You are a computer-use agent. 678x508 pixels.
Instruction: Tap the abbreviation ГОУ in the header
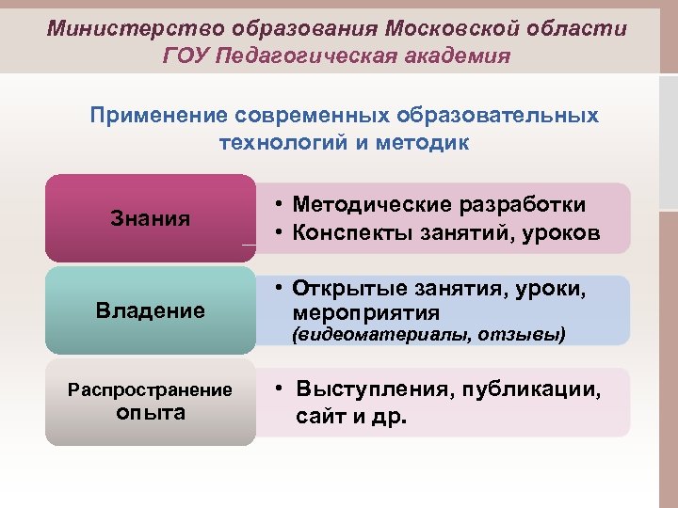point(186,56)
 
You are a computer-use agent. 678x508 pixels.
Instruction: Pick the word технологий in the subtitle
point(283,142)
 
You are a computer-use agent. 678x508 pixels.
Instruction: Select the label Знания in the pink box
point(151,219)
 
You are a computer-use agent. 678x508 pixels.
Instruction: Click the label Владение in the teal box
point(151,310)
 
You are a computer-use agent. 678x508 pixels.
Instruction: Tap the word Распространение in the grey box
point(151,390)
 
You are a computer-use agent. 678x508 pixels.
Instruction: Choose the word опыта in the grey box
point(151,412)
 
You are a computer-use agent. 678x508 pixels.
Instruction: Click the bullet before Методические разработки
point(280,206)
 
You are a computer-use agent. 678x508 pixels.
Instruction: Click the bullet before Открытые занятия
point(280,288)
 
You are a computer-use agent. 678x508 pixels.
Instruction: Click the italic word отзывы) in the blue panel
point(522,335)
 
